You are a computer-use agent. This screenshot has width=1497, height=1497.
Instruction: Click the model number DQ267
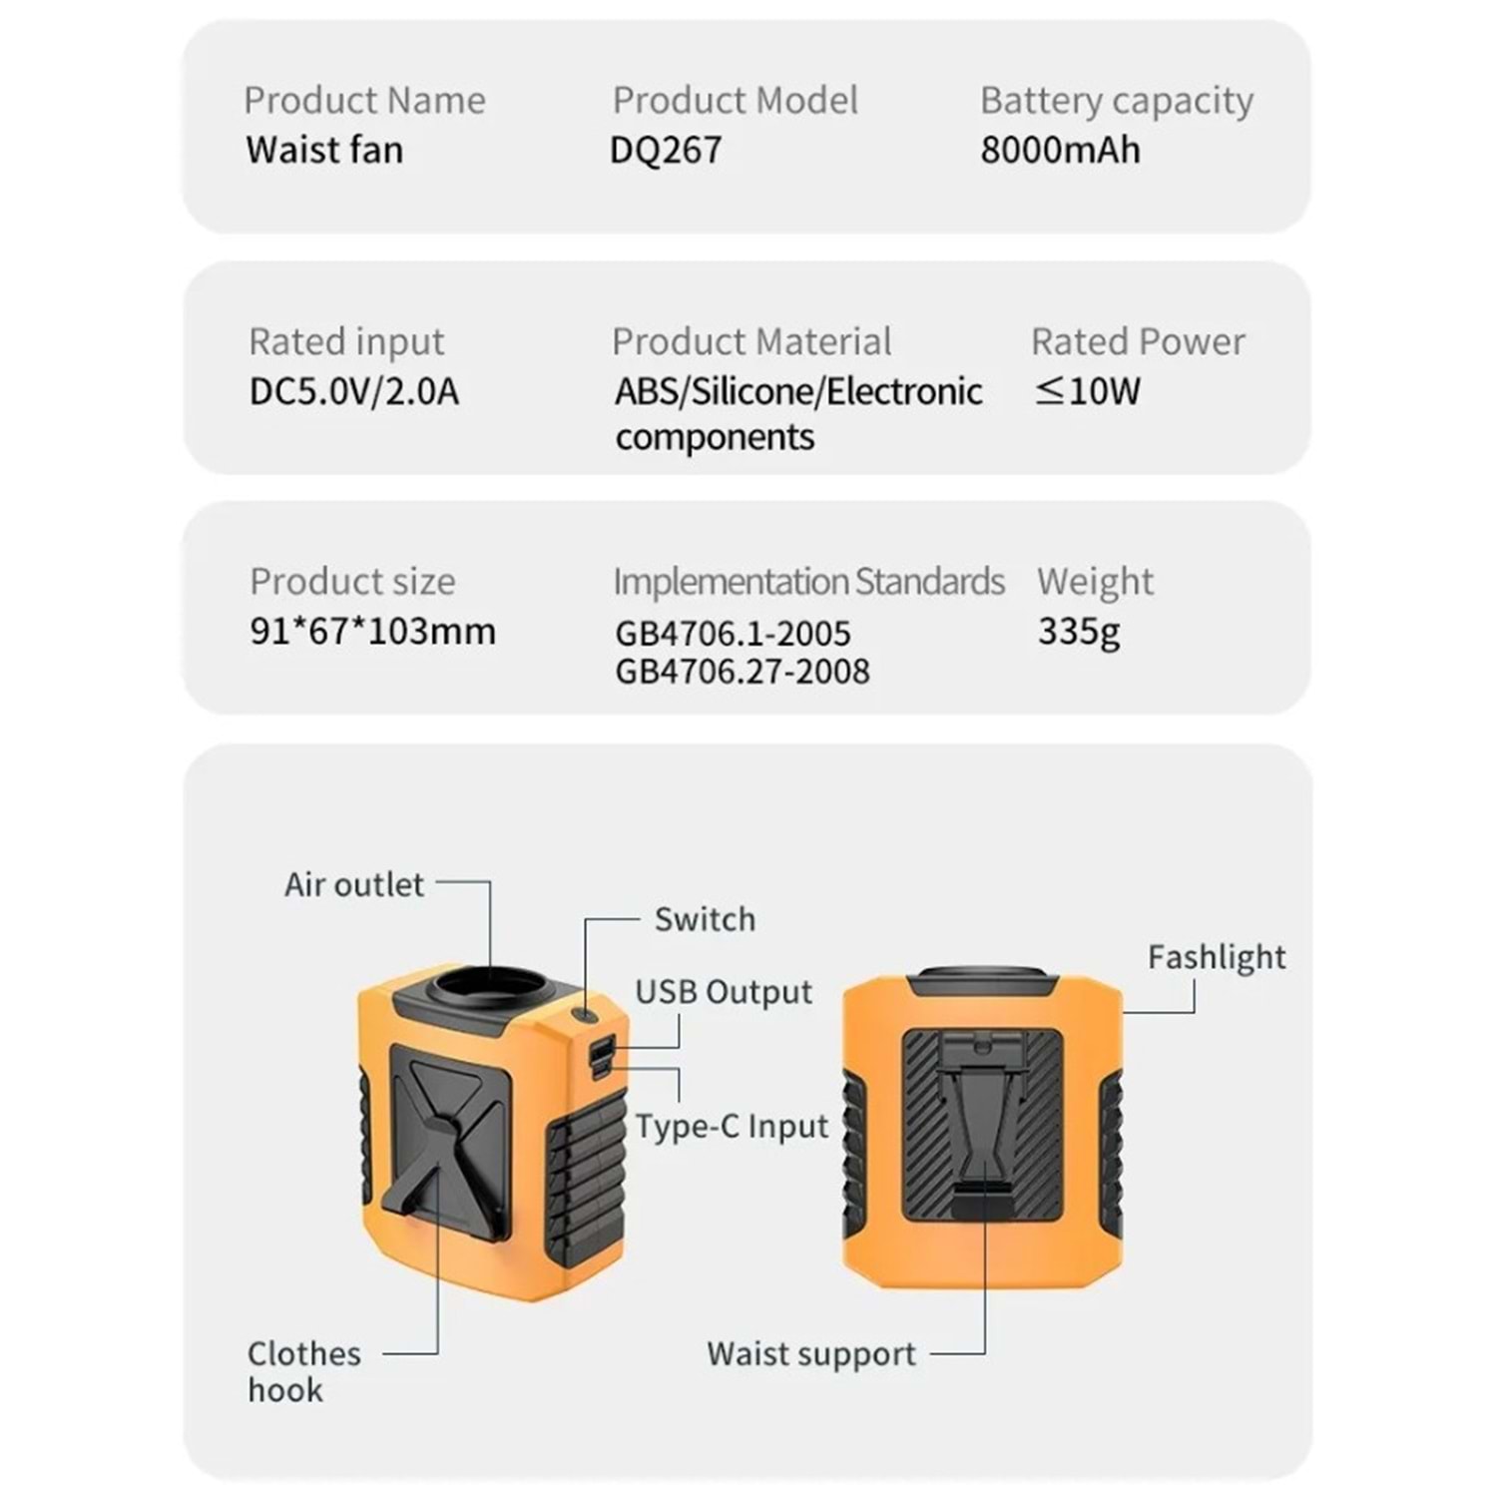666,150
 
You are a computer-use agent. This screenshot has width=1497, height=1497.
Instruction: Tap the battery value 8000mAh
1060,150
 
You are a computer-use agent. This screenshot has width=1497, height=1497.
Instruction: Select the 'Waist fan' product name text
324,150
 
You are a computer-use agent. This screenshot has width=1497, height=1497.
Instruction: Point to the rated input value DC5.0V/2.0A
354,391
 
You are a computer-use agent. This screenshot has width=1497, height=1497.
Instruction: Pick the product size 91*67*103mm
373,632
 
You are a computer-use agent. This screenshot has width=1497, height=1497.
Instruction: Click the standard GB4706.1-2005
734,634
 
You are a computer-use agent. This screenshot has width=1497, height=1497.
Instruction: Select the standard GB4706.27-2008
743,672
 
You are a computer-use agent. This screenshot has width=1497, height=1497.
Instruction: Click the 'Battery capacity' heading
1117,102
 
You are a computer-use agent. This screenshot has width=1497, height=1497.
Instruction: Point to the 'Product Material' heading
751,341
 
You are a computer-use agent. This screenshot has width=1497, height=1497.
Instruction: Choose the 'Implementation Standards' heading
809,582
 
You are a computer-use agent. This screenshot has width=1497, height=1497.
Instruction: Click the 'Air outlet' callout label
354,884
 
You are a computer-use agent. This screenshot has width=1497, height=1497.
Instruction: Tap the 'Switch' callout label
705,919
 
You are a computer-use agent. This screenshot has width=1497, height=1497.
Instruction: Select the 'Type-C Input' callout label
733,1127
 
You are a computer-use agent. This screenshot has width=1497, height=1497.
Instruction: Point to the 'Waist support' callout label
811,1354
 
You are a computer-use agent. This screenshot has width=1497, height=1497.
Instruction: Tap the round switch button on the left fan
585,1015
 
